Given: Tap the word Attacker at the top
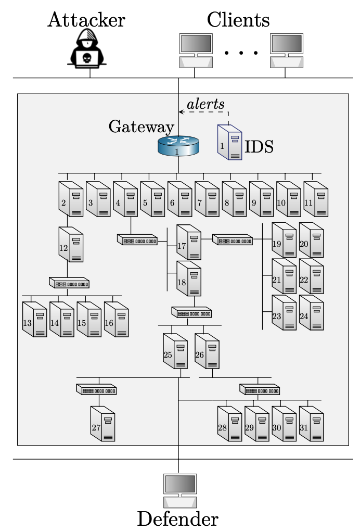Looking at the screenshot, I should click(x=86, y=20).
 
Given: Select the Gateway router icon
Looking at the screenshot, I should click(x=178, y=146).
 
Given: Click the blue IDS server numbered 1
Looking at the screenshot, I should click(x=229, y=142).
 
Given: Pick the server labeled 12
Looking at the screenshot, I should click(x=71, y=244).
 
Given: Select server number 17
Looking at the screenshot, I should click(x=188, y=242).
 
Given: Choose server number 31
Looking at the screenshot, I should click(x=311, y=424).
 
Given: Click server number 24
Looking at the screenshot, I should click(x=311, y=312).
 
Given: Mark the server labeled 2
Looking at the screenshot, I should click(x=71, y=198).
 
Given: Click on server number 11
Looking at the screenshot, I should click(x=316, y=198).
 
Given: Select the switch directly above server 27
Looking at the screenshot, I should click(x=96, y=389).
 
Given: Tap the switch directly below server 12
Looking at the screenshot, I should click(x=69, y=283).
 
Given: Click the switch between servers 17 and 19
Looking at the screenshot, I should click(x=232, y=240).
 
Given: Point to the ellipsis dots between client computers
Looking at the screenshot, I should click(x=241, y=53).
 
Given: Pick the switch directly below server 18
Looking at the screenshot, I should click(x=191, y=312).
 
